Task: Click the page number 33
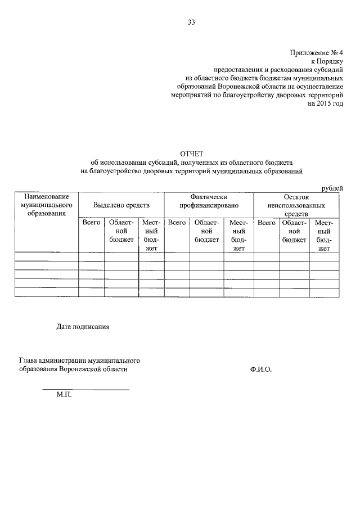(x=191, y=22)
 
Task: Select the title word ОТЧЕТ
(x=191, y=154)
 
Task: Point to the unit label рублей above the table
(x=331, y=188)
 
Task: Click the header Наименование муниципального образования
(x=46, y=205)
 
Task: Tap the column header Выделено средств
(x=121, y=205)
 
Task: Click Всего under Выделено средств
(x=91, y=223)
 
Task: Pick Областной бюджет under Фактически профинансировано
(x=206, y=231)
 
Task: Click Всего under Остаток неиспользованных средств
(x=266, y=223)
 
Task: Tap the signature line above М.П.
(x=85, y=389)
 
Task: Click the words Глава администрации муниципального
(x=79, y=360)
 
